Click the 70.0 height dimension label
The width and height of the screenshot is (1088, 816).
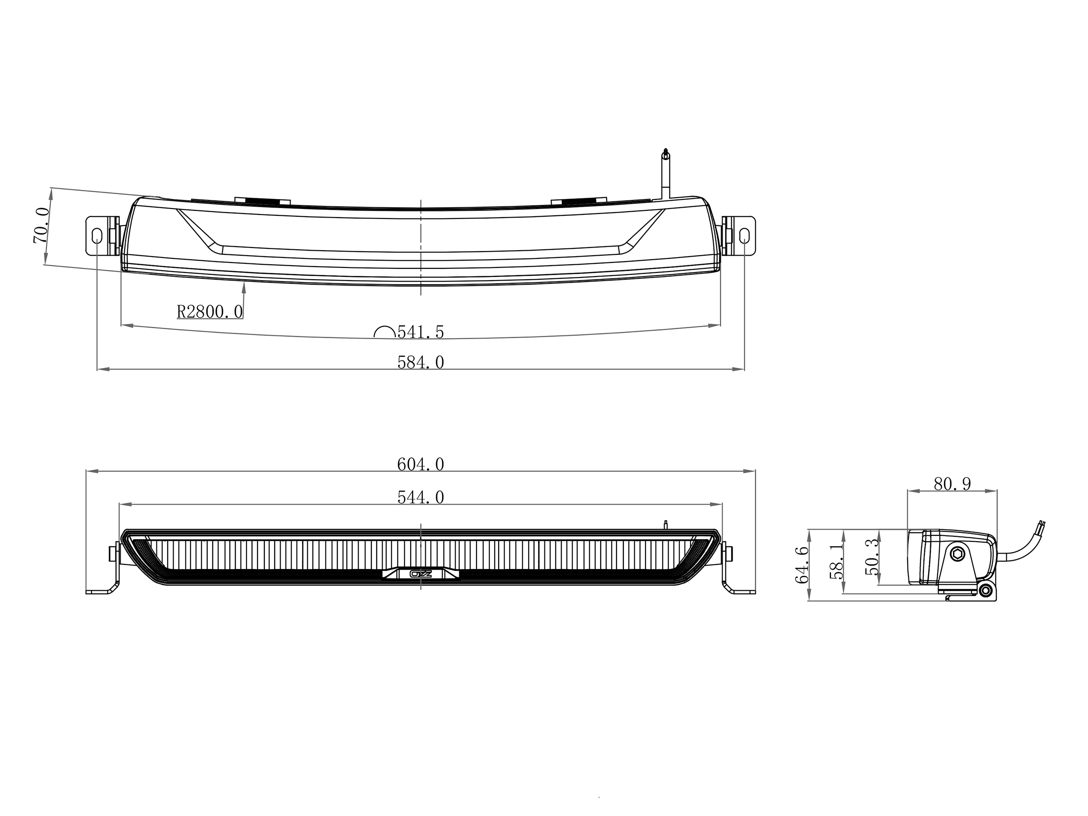pyautogui.click(x=41, y=225)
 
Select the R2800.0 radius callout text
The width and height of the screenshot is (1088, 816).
pyautogui.click(x=210, y=311)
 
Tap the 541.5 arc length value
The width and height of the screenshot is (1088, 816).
pyautogui.click(x=421, y=332)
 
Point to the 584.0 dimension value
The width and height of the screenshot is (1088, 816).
pyautogui.click(x=421, y=363)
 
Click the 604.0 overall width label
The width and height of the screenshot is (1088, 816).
pyautogui.click(x=421, y=464)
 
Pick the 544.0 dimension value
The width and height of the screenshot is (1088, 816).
pyautogui.click(x=421, y=498)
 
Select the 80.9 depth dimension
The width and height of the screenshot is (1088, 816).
pyautogui.click(x=953, y=484)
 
